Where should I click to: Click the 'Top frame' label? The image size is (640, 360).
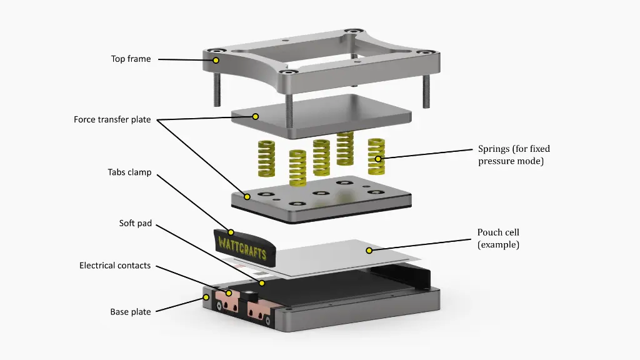(x=131, y=59)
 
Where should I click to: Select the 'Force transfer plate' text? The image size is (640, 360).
(x=112, y=119)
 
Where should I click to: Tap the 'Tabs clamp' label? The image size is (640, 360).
(x=129, y=172)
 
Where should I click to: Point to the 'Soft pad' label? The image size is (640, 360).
(x=135, y=223)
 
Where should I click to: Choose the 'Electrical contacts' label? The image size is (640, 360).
(x=115, y=266)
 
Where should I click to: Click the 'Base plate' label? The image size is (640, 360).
(x=131, y=311)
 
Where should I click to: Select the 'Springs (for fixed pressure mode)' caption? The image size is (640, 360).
(x=514, y=154)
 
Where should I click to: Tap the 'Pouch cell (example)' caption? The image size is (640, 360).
(x=498, y=238)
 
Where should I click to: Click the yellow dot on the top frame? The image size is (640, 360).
(x=216, y=61)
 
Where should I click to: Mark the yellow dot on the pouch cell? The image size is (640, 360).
(x=369, y=251)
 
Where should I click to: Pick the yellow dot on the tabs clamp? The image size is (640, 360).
(x=231, y=232)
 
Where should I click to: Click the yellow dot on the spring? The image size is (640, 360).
(x=378, y=159)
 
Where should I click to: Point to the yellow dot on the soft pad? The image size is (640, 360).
(x=262, y=283)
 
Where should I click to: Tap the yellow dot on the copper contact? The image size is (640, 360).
(x=229, y=293)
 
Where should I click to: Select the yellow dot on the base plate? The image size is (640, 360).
(x=206, y=297)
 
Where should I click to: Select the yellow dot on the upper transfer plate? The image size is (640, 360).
(x=256, y=116)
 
